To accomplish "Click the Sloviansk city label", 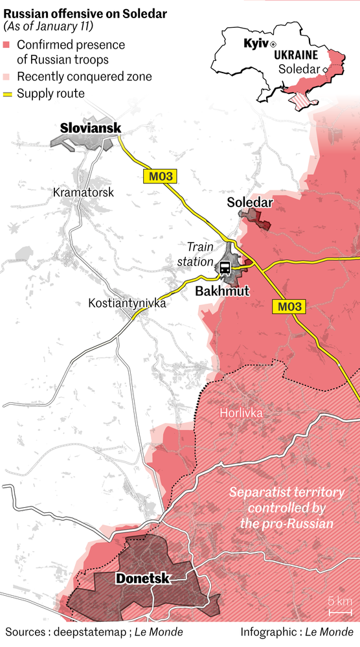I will tap(91, 128).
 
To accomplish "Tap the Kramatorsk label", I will tap(84, 192).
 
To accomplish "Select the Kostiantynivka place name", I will tap(128, 303).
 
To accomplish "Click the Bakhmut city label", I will tap(222, 291).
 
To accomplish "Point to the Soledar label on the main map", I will tap(250, 203).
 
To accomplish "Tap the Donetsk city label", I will tap(142, 578).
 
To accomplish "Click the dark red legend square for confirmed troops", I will tap(7, 45).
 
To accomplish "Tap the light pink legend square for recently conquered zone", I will tap(7, 77).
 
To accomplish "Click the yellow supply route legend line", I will tap(7, 95).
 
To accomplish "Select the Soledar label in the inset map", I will tap(299, 69).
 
